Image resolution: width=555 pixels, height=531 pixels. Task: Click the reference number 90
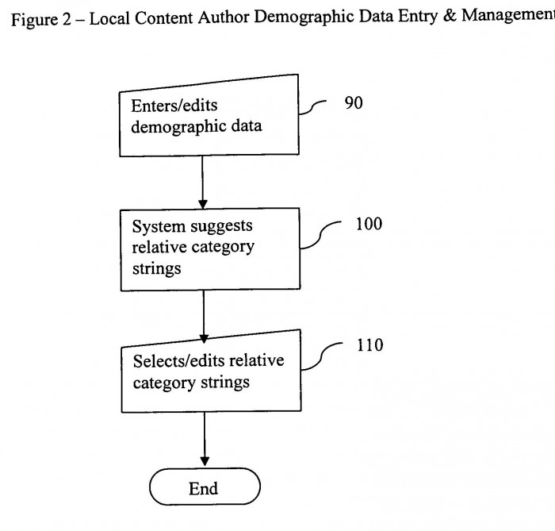click(354, 102)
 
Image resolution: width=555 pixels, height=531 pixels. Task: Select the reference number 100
click(369, 224)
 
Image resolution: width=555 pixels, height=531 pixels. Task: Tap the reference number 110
click(370, 345)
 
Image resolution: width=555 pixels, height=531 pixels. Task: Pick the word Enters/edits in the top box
click(174, 106)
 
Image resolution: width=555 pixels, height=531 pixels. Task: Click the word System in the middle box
click(159, 227)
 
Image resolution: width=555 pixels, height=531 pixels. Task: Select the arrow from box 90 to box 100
click(202, 183)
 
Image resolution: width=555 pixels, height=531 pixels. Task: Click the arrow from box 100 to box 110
click(204, 317)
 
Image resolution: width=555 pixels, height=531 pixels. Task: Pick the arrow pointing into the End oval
click(205, 439)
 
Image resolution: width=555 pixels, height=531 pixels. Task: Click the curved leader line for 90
click(312, 106)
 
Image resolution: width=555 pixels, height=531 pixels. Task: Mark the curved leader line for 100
click(320, 234)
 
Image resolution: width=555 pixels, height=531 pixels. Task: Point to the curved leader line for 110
click(320, 356)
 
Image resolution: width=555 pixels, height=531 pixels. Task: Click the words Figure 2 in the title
click(41, 20)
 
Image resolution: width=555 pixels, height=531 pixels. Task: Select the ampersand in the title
click(450, 16)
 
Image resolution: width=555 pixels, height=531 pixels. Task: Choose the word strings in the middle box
click(156, 268)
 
